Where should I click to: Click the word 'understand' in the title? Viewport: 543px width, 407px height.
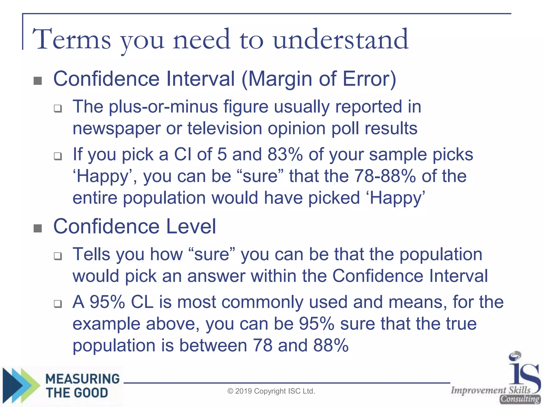click(x=341, y=40)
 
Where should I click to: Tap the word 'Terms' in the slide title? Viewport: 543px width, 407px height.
click(x=72, y=40)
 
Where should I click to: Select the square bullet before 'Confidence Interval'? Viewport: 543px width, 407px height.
click(x=38, y=81)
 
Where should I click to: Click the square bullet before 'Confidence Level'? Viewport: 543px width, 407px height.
click(x=38, y=228)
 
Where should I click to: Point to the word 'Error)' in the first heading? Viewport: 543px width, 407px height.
click(x=369, y=79)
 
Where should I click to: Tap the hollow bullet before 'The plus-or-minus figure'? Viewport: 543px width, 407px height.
click(x=58, y=108)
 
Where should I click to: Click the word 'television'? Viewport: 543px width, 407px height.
click(x=225, y=128)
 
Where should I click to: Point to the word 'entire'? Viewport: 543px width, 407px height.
click(x=95, y=198)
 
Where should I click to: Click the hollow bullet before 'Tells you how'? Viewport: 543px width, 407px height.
click(x=58, y=256)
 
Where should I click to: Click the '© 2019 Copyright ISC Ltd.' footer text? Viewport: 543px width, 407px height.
click(x=271, y=391)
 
